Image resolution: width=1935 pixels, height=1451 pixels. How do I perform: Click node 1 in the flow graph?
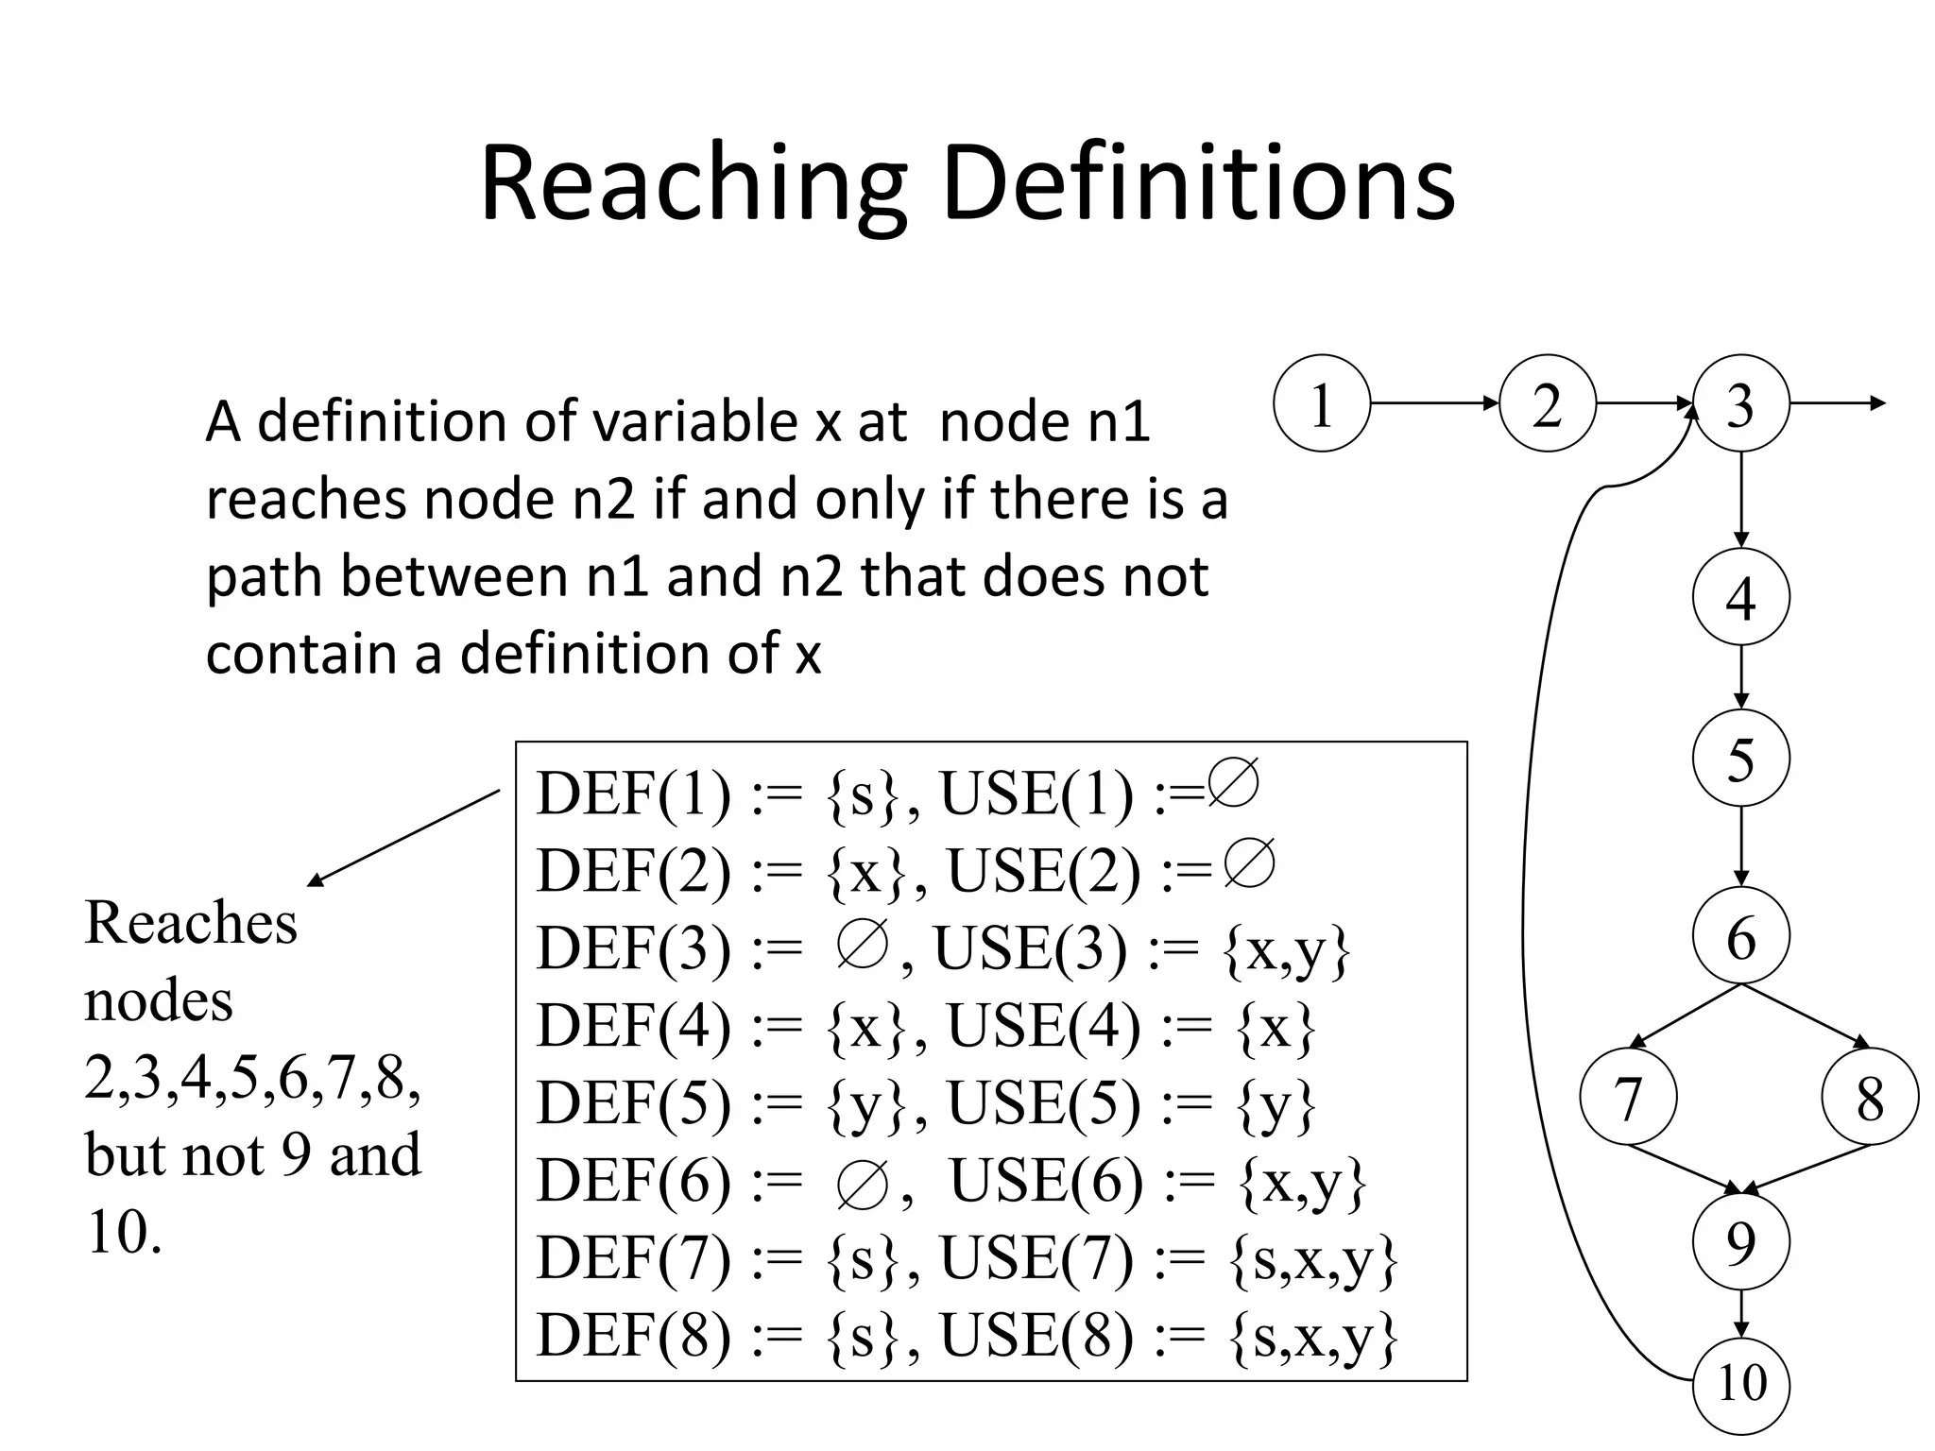[x=1321, y=403]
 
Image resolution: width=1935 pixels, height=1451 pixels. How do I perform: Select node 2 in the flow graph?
[x=1547, y=403]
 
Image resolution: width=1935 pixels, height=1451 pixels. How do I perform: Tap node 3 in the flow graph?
[x=1740, y=403]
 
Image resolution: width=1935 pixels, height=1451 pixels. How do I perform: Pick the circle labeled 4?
[x=1740, y=596]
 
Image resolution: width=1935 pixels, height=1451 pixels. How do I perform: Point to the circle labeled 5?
[x=1740, y=758]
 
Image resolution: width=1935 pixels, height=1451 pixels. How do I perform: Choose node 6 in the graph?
[x=1740, y=936]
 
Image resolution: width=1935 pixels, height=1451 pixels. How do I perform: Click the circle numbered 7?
[x=1628, y=1097]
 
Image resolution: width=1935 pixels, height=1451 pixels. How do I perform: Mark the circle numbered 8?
[x=1870, y=1097]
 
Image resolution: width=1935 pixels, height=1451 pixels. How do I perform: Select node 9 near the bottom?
[x=1740, y=1242]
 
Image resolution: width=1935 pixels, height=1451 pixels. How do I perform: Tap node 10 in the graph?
[x=1740, y=1384]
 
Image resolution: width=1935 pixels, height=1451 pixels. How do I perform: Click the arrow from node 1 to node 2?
[x=1434, y=403]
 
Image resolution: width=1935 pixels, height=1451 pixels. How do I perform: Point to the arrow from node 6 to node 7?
[x=1685, y=1016]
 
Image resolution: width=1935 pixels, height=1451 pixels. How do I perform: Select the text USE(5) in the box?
[x=1043, y=1102]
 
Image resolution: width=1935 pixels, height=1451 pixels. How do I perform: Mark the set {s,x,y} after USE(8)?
[x=1313, y=1337]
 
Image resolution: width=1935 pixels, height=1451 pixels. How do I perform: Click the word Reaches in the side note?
[x=191, y=923]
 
